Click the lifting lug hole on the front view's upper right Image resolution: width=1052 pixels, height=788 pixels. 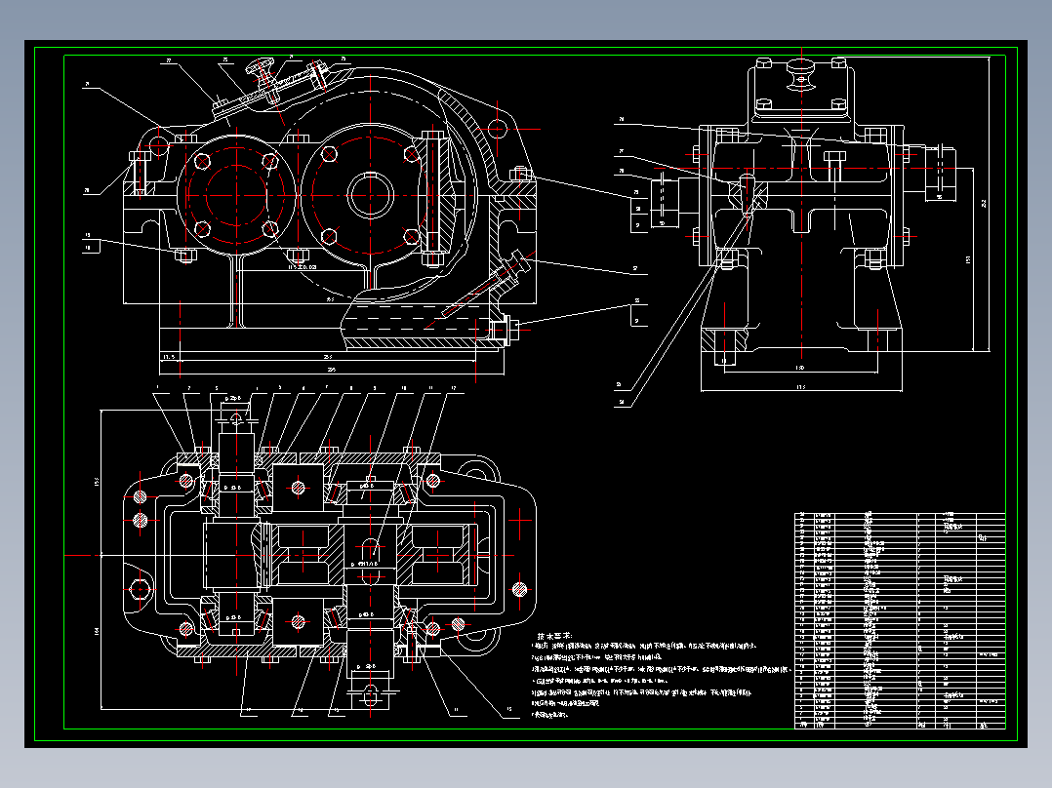[496, 127]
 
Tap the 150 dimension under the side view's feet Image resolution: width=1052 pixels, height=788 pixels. [799, 368]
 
